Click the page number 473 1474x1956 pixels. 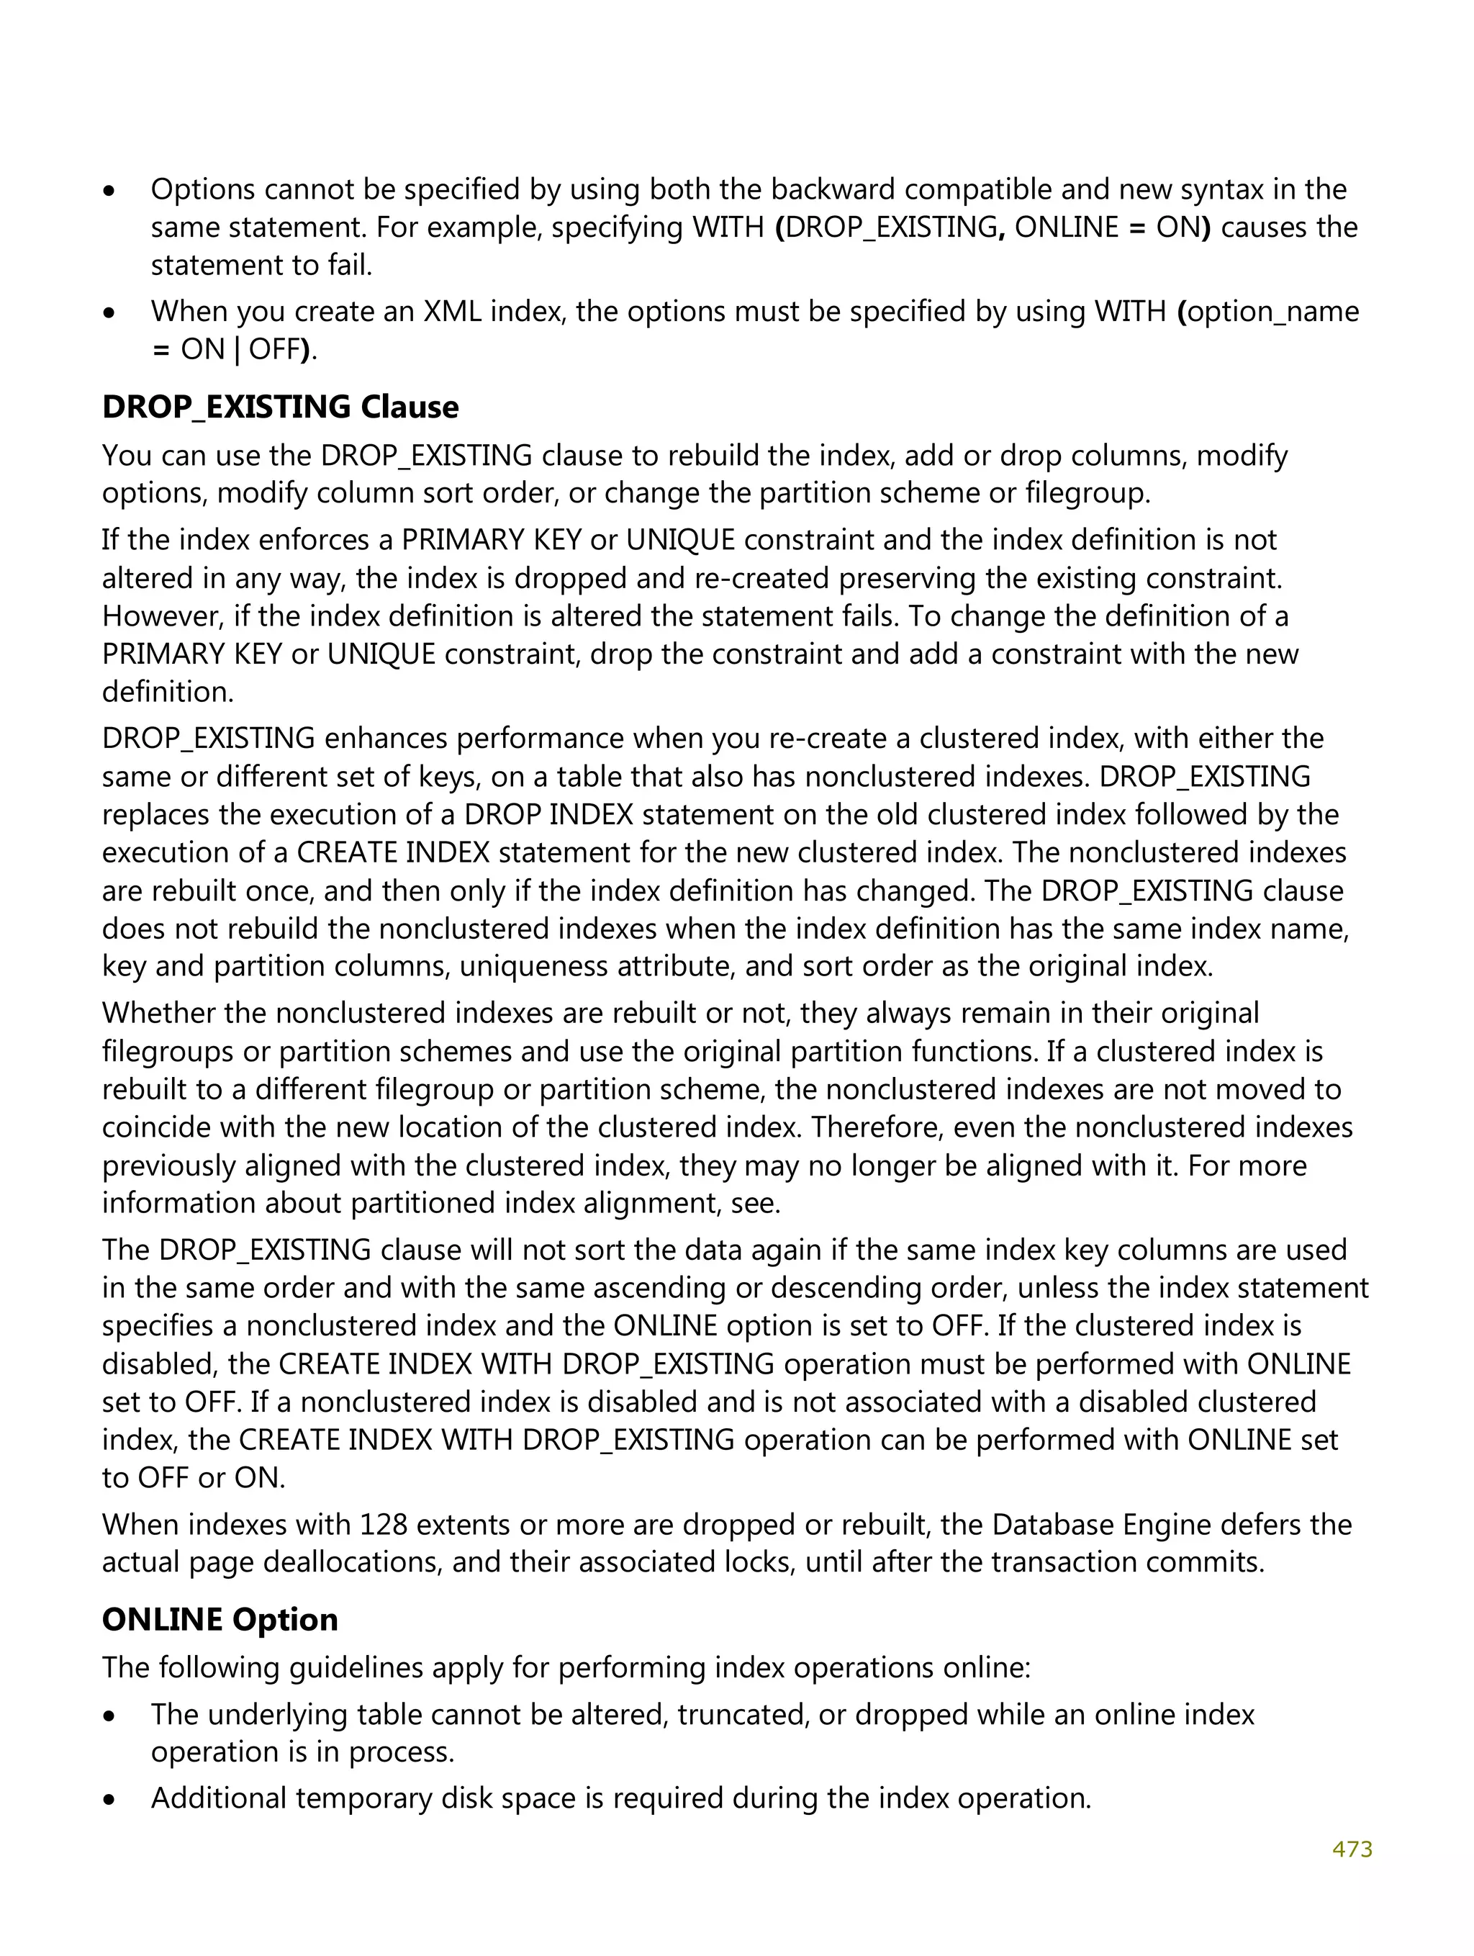coord(1352,1849)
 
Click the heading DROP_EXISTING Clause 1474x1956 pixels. coord(280,407)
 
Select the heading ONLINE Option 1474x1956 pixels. coord(220,1619)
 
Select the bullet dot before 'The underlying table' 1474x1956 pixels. coord(109,1716)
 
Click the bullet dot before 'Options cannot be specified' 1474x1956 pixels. coord(109,191)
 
